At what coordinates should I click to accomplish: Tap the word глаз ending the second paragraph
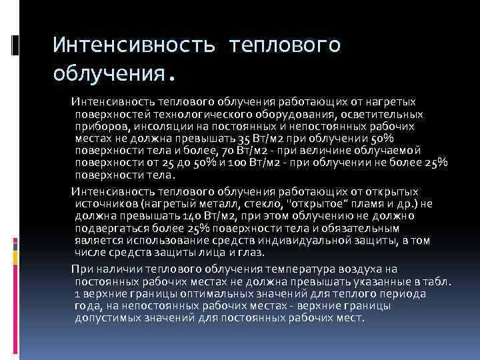point(253,253)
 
